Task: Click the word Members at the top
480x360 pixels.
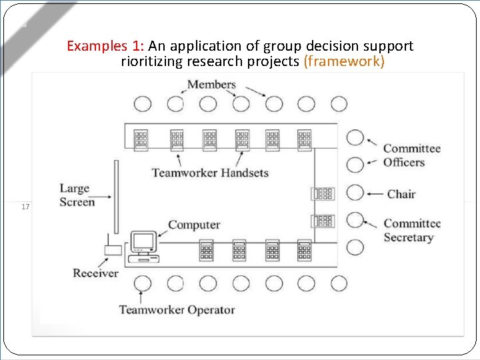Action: click(x=211, y=85)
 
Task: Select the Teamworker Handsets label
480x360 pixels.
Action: click(x=210, y=173)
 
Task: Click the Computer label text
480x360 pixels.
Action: click(x=193, y=225)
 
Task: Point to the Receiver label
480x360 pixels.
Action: click(x=95, y=273)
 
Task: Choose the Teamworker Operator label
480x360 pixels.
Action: click(x=177, y=309)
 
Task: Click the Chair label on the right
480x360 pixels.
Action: click(x=401, y=194)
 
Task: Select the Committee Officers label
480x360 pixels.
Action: click(x=411, y=155)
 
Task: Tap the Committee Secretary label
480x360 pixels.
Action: click(x=411, y=231)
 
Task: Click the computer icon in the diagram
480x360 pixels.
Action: click(x=143, y=244)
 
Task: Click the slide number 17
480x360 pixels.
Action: click(x=25, y=207)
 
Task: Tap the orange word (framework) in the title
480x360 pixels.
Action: click(x=343, y=62)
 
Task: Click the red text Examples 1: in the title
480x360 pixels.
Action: click(x=105, y=46)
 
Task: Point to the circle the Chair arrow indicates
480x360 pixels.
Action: click(x=356, y=193)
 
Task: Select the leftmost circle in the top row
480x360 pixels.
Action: click(x=142, y=104)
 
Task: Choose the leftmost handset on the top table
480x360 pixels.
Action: click(x=141, y=138)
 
